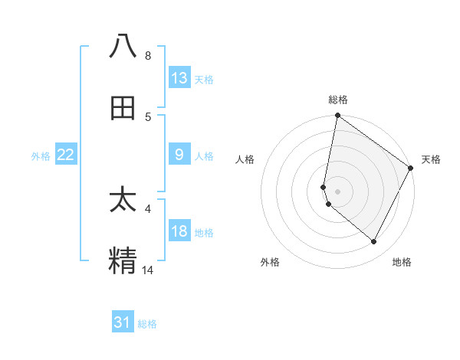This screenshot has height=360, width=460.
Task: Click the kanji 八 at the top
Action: [x=123, y=47]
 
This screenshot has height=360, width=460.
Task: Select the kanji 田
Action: [x=123, y=108]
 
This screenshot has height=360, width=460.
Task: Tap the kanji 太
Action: [x=123, y=200]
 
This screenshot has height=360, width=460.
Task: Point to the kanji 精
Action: [x=123, y=260]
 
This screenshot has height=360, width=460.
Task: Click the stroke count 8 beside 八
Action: [x=148, y=56]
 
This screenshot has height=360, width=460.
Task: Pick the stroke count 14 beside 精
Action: [x=148, y=270]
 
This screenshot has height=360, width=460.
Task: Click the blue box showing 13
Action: [x=179, y=78]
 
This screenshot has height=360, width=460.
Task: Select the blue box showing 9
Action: [x=179, y=155]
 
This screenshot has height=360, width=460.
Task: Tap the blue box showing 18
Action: [x=179, y=232]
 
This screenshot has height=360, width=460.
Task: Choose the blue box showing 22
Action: [x=66, y=155]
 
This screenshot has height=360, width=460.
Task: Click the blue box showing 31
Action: [x=123, y=322]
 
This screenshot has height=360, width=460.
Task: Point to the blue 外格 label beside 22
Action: [x=41, y=155]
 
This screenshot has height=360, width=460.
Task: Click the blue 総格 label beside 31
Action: [x=147, y=324]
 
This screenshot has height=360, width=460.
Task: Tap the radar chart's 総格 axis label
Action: [x=337, y=100]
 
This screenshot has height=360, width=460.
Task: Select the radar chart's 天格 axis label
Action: [x=431, y=159]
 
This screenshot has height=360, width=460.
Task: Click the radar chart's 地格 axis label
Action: [x=402, y=262]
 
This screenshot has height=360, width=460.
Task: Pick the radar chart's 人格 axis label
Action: [x=245, y=159]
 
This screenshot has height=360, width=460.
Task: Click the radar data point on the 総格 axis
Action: [x=337, y=116]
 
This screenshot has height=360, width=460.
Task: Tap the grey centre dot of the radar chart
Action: [x=337, y=191]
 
